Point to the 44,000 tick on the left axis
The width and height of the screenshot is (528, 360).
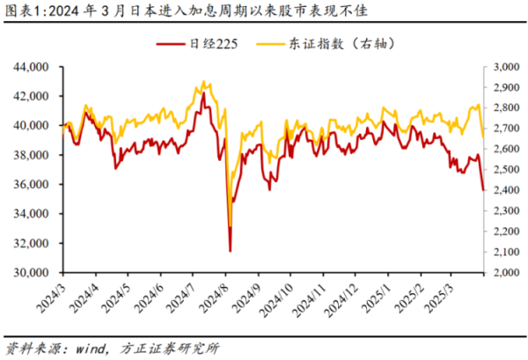[x=34, y=67]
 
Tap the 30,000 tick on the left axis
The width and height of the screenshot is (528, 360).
[x=34, y=273]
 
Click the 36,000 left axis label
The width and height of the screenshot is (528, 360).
[x=34, y=185]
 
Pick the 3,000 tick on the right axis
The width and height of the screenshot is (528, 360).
[x=505, y=67]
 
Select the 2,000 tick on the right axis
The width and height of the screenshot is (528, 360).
[x=505, y=273]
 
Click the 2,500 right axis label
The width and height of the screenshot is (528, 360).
[x=505, y=170]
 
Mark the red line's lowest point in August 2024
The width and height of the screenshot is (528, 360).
[x=230, y=251]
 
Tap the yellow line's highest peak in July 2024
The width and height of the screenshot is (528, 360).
[x=203, y=82]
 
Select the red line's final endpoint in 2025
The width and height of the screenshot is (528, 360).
[x=483, y=189]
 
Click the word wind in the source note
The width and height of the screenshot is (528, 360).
[x=87, y=348]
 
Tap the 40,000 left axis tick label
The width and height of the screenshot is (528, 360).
[x=34, y=126]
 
